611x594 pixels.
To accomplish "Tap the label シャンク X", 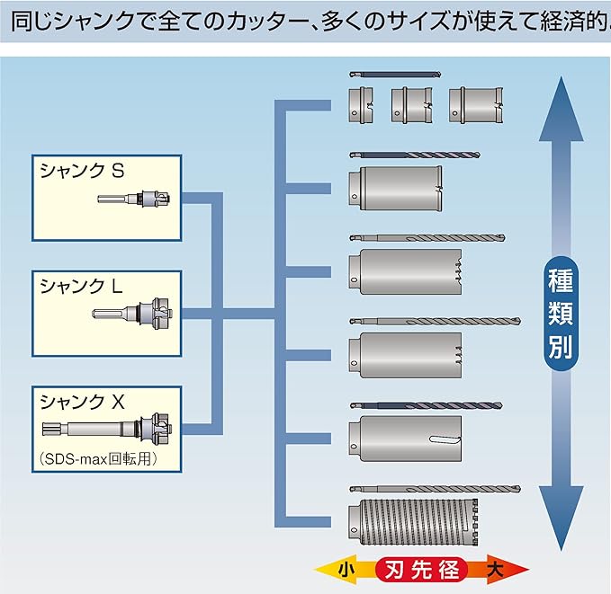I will click(81, 402).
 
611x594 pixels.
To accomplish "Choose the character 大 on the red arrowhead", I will click(494, 569).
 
